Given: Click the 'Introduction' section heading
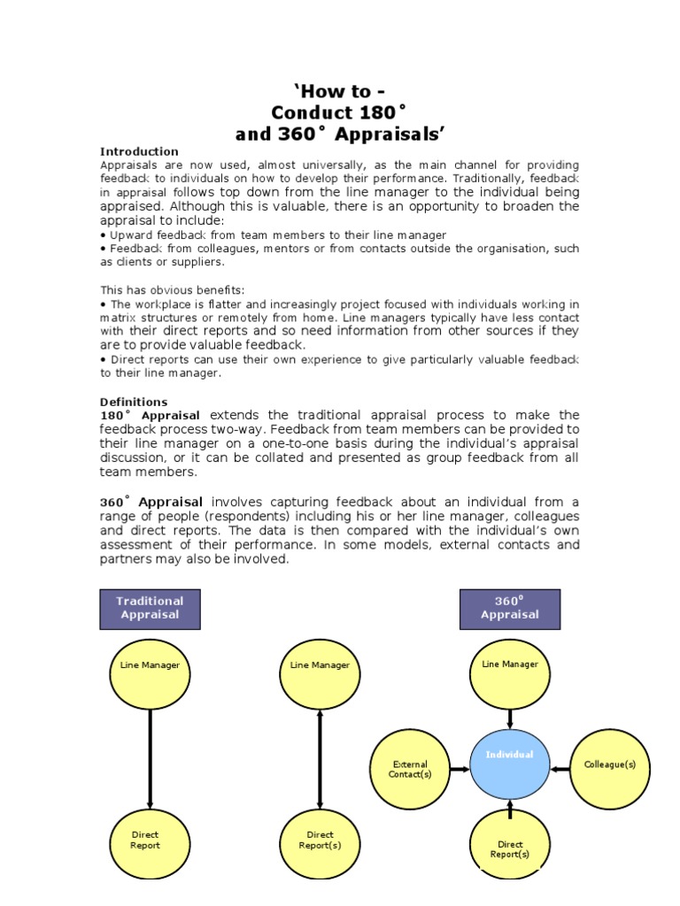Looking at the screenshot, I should [x=139, y=151].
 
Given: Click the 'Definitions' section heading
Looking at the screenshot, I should [x=134, y=402].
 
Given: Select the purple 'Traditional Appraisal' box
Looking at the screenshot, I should [x=150, y=608].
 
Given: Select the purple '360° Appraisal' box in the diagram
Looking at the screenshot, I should [x=509, y=608].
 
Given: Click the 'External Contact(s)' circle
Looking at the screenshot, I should [x=410, y=769].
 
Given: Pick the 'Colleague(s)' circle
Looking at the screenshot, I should [x=610, y=765].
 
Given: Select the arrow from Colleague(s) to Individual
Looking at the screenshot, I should [x=560, y=770].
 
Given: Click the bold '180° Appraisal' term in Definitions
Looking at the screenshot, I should [x=150, y=415].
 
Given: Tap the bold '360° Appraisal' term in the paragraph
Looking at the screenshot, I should [x=151, y=503].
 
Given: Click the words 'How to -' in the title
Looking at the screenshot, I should [x=340, y=92].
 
